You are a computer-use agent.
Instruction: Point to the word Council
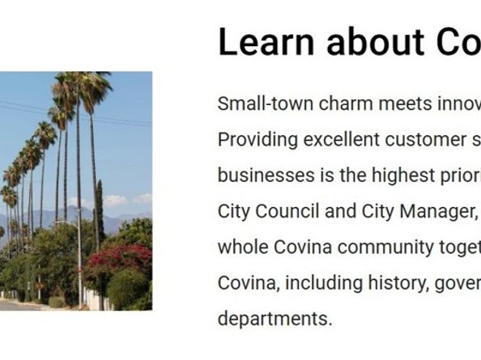coord(284,211)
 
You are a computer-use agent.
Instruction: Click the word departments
coord(275,318)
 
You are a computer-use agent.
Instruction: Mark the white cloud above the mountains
coord(115,200)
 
